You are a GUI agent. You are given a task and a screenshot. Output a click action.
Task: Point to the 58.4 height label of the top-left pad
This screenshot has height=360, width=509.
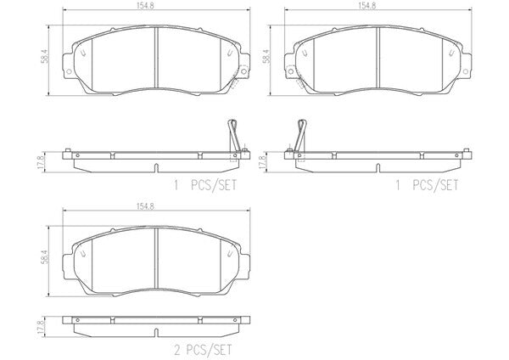[44, 56]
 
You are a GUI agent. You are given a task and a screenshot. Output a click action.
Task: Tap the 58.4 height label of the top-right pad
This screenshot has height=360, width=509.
[266, 56]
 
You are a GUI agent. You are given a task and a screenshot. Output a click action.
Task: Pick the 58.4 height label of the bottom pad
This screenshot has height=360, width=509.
[44, 257]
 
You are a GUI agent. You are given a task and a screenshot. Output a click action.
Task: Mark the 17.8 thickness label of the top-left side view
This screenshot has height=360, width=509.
[40, 162]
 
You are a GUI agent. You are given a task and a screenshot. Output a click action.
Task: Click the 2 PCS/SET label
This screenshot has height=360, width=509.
[204, 350]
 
